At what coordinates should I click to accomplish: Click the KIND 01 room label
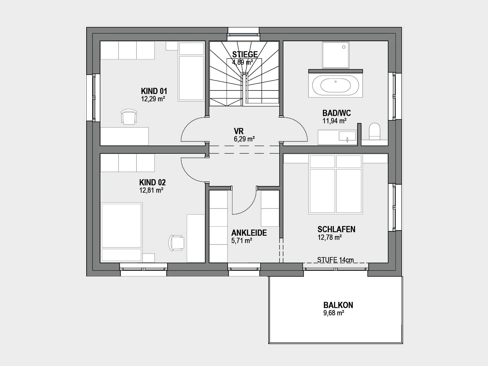(154, 91)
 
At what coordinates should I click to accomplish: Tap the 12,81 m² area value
(151, 190)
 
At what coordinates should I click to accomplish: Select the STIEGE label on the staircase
(245, 54)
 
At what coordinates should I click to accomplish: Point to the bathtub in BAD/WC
(335, 85)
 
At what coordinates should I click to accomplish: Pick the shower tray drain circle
(344, 47)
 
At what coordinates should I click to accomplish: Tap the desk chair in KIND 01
(129, 117)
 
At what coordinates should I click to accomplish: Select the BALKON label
(338, 305)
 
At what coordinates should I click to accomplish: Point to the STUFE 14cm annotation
(335, 260)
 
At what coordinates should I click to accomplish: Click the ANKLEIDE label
(249, 233)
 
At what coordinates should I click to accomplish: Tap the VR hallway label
(239, 131)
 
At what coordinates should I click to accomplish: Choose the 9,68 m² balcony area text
(334, 313)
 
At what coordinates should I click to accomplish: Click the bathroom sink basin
(347, 136)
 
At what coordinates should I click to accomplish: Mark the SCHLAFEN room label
(336, 229)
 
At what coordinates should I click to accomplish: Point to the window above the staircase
(244, 35)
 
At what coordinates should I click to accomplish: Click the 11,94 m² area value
(335, 121)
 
